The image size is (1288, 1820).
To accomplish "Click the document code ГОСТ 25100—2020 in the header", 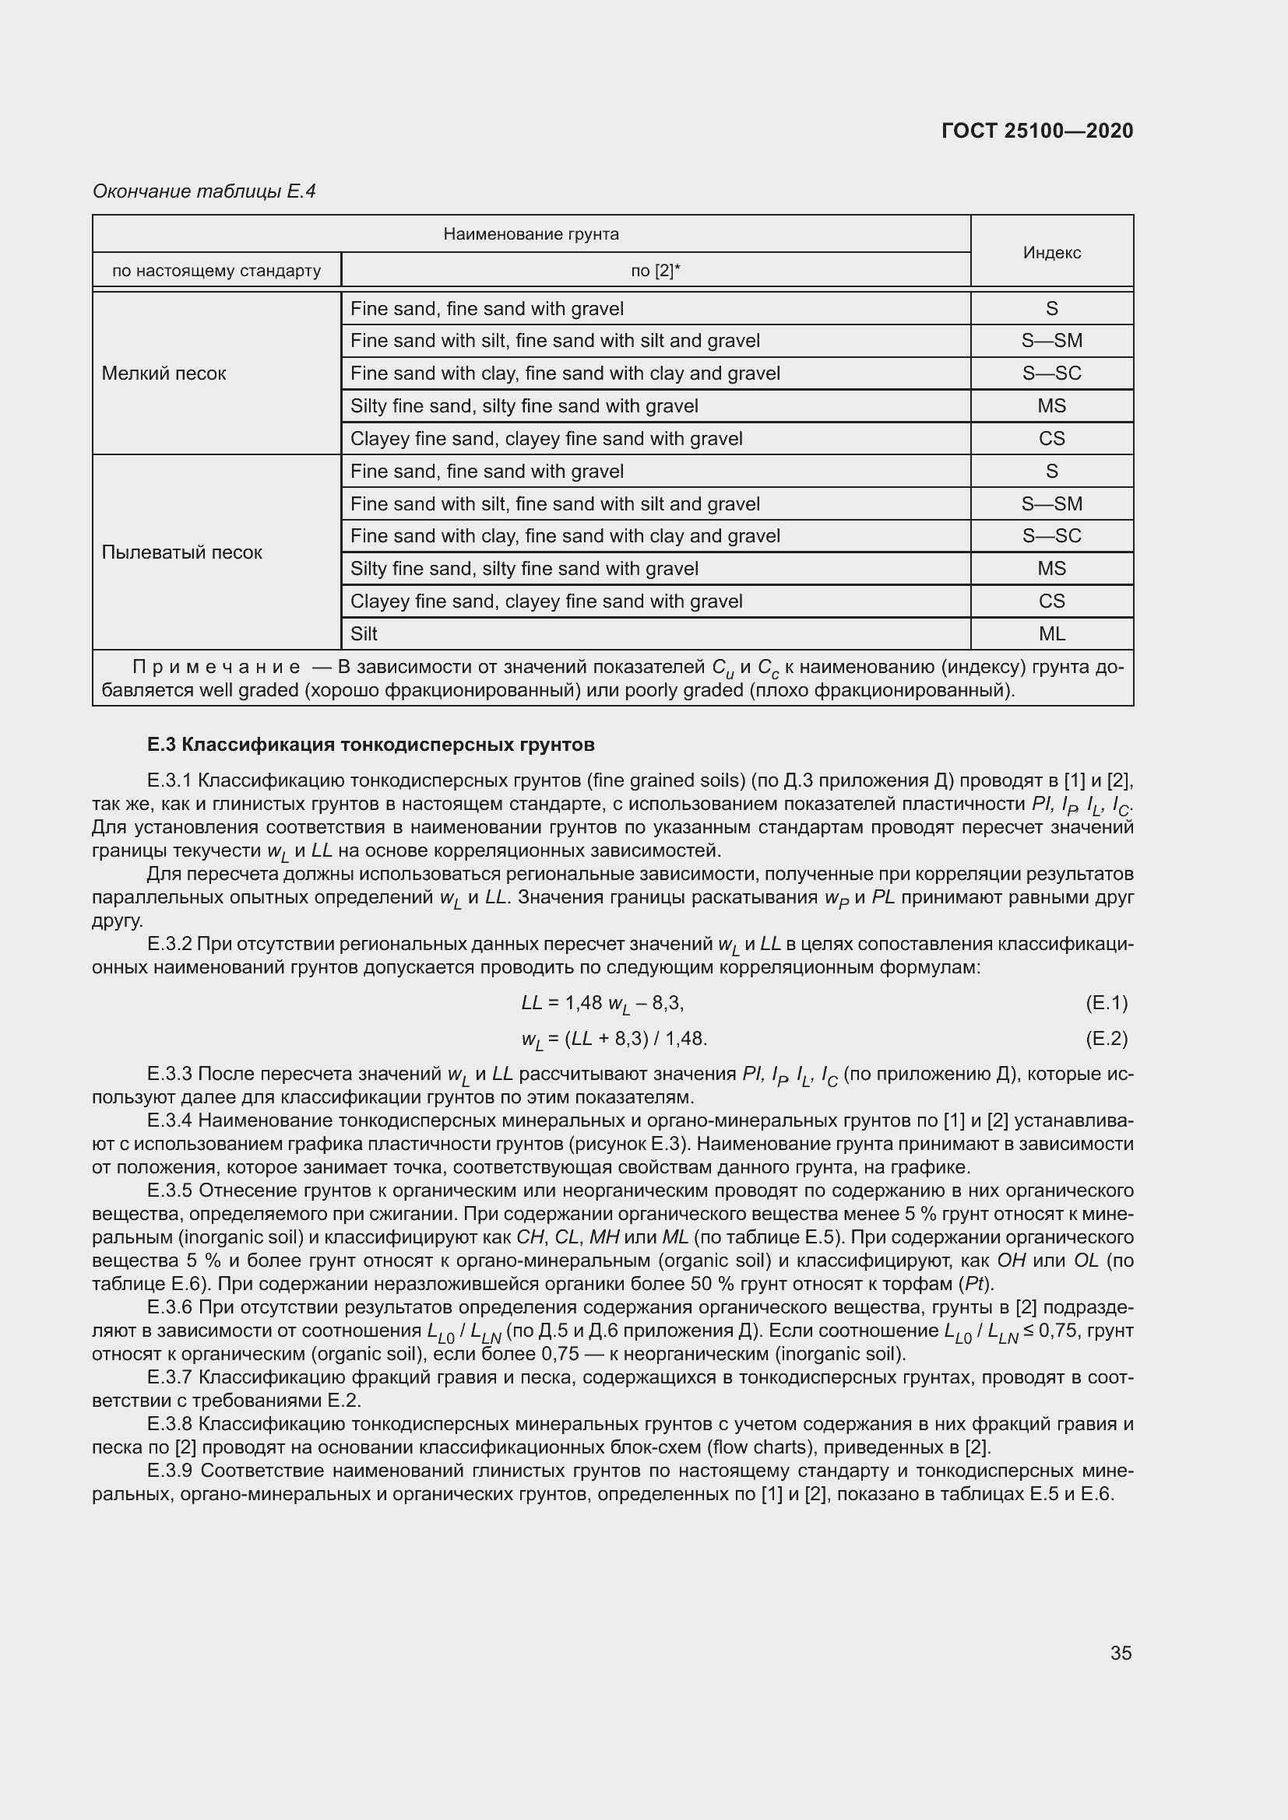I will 1036,131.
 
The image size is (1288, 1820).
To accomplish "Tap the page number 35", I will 1121,1653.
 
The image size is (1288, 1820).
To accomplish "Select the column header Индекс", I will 1051,252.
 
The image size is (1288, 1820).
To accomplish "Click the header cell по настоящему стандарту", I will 216,271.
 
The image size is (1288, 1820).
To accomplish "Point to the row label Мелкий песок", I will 164,373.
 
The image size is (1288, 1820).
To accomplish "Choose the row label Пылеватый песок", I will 181,552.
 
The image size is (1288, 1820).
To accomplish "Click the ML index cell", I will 1051,633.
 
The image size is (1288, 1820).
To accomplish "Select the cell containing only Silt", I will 364,633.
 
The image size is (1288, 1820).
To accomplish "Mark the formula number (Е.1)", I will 1106,1003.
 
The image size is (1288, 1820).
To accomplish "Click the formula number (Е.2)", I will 1106,1038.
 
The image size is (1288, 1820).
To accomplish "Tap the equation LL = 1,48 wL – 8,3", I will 602,1004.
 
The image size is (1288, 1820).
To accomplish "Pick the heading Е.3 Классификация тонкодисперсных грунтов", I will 371,745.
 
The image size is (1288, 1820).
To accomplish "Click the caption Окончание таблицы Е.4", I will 204,191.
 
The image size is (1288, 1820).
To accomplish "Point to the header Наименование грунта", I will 530,234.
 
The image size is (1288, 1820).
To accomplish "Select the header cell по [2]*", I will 655,271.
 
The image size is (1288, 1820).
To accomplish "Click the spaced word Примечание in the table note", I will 216,668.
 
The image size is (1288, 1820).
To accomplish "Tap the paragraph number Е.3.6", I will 170,1307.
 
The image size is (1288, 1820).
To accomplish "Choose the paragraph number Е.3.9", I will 170,1471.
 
